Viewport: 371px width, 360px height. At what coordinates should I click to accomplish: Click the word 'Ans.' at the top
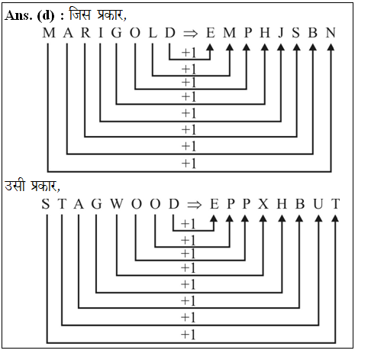click(18, 16)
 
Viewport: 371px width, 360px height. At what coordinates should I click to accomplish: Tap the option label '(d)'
click(46, 16)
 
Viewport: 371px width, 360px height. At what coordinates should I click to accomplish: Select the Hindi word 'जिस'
click(80, 15)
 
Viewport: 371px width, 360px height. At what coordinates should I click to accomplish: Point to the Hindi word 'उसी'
click(15, 186)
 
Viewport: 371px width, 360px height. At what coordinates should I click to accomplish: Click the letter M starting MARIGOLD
click(49, 33)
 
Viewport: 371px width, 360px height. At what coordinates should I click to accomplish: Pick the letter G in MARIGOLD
click(117, 33)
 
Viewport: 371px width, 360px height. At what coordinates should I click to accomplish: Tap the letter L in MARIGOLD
click(153, 33)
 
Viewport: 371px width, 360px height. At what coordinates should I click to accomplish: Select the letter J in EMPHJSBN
click(281, 33)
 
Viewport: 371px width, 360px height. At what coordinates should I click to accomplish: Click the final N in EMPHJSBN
click(331, 33)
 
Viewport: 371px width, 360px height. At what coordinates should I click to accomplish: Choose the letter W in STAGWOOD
click(117, 204)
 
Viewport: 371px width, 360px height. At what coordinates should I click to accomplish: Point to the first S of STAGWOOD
click(46, 204)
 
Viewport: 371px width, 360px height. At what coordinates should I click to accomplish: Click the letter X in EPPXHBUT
click(263, 204)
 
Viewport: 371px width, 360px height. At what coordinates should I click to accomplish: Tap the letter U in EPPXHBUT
click(318, 204)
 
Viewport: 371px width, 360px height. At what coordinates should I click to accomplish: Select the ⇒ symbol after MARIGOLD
click(190, 34)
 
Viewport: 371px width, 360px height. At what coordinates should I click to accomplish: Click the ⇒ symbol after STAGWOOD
click(194, 205)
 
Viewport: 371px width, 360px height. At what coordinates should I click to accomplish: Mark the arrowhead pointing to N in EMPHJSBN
click(331, 47)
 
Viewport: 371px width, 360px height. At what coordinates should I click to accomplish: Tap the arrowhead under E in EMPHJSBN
click(210, 47)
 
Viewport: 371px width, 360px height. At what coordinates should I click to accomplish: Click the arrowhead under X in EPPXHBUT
click(263, 219)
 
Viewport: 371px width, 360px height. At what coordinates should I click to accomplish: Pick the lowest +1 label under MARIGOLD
click(189, 164)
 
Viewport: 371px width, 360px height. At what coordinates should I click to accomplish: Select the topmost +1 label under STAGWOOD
click(189, 224)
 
